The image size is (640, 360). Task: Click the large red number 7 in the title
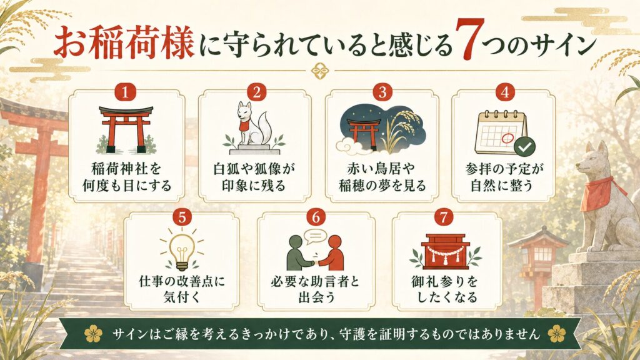coord(470,40)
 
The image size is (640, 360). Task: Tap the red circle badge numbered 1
coord(125,92)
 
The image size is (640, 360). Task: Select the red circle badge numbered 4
coord(505,92)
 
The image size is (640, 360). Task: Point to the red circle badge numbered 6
coord(316,217)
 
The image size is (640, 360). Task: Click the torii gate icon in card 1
coord(126,129)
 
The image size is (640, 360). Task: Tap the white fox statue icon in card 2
coord(254,127)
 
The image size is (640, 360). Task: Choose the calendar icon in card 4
coord(501,132)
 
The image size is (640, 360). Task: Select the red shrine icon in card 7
coord(445,251)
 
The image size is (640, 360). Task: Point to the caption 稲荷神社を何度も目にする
coord(126,177)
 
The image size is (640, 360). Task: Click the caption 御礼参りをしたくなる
coord(446,289)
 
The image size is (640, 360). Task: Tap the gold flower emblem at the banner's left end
coord(94,334)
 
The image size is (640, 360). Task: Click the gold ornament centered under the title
coord(321,71)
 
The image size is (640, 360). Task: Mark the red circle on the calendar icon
coord(507,138)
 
